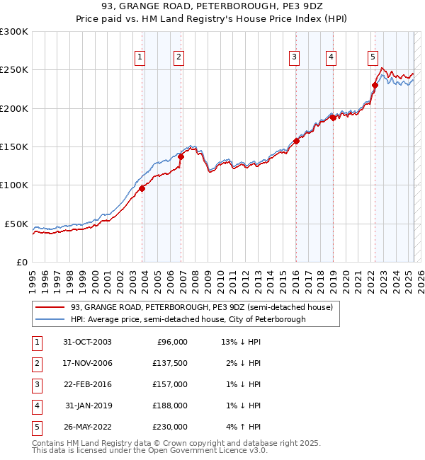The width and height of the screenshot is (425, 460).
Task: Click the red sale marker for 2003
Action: point(142,188)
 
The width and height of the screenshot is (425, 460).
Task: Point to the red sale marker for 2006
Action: point(181,156)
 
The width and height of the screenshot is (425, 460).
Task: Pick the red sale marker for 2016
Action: point(297,141)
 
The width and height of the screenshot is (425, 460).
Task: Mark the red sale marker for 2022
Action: point(375,85)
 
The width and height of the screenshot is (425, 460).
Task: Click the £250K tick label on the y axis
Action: point(14,70)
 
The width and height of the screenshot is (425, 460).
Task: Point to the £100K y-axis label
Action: point(14,185)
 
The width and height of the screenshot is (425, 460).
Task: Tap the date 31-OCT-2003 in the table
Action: point(87,342)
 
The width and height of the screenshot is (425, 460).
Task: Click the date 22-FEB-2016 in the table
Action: point(87,384)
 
